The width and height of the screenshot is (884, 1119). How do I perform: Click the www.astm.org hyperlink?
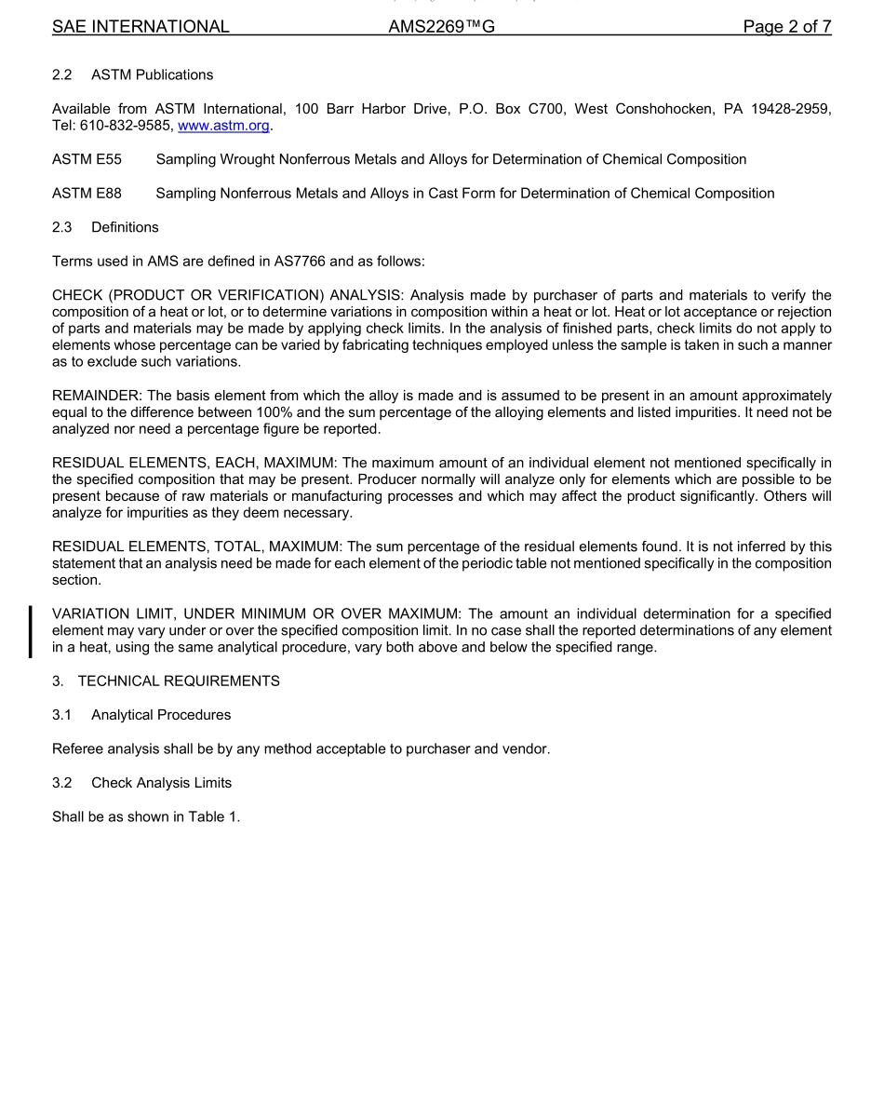[x=223, y=126]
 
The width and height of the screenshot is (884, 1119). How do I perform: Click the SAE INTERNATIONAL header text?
[x=141, y=27]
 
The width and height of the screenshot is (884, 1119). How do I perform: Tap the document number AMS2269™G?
[x=441, y=27]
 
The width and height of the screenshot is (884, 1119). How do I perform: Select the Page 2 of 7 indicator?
[x=786, y=27]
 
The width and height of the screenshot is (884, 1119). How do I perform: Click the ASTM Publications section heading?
[x=152, y=74]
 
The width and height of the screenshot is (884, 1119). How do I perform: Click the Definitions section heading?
[x=125, y=227]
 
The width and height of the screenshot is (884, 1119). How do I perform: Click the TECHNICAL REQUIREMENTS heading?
[x=179, y=681]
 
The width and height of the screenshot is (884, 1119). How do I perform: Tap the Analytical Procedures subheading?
[x=161, y=715]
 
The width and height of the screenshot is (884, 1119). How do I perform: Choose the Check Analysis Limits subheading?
[x=161, y=783]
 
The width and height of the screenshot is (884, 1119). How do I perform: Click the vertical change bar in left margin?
[x=31, y=631]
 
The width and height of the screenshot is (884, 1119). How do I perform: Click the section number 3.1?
[x=62, y=715]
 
